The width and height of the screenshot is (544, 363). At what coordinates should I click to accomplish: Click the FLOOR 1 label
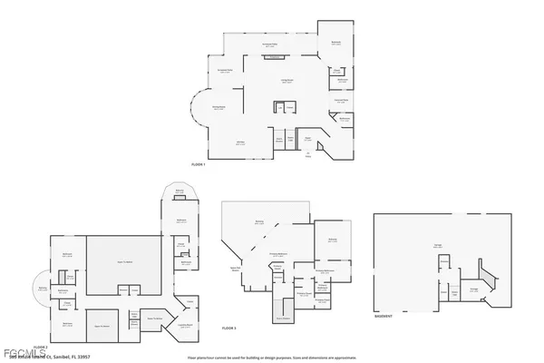pos(199,164)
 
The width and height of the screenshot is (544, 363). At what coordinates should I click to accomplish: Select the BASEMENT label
pos(383,318)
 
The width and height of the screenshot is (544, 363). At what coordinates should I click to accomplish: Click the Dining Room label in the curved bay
pos(219,109)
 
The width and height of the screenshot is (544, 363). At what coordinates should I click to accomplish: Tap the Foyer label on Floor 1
pos(307,139)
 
